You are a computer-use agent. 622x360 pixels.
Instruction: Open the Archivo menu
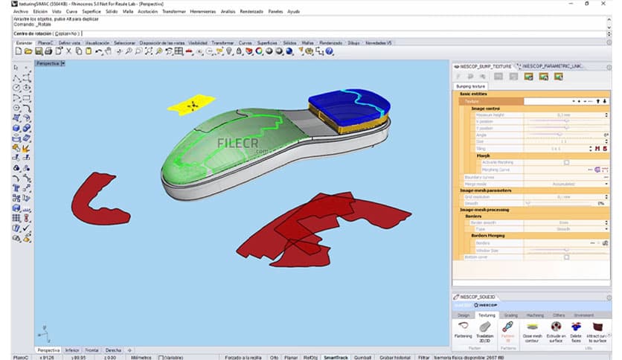[x=21, y=11]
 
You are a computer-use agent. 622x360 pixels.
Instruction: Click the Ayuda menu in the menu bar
[x=294, y=11]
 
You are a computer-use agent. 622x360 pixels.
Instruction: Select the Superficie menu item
[x=92, y=11]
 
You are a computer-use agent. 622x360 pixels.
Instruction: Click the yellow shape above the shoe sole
[x=191, y=105]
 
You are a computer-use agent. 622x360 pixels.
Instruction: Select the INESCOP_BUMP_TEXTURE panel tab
[x=486, y=66]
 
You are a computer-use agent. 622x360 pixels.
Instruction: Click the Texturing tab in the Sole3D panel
[x=487, y=315]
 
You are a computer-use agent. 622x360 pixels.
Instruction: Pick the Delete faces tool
[x=576, y=330]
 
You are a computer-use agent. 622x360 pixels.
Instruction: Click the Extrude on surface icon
[x=554, y=330]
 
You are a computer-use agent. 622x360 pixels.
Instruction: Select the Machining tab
[x=534, y=315]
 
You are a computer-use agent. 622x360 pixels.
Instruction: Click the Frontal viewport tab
[x=92, y=350]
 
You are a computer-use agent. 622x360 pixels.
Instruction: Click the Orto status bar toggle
[x=275, y=357]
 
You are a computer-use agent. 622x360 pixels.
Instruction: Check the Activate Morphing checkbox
[x=566, y=161]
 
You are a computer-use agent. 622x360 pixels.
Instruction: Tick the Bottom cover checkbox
[x=566, y=257]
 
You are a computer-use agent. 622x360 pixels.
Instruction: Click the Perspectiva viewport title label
[x=48, y=64]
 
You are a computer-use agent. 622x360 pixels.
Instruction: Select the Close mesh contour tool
[x=531, y=330]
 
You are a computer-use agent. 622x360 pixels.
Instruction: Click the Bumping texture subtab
[x=471, y=86]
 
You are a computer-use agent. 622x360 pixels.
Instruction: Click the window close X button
[x=610, y=4]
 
